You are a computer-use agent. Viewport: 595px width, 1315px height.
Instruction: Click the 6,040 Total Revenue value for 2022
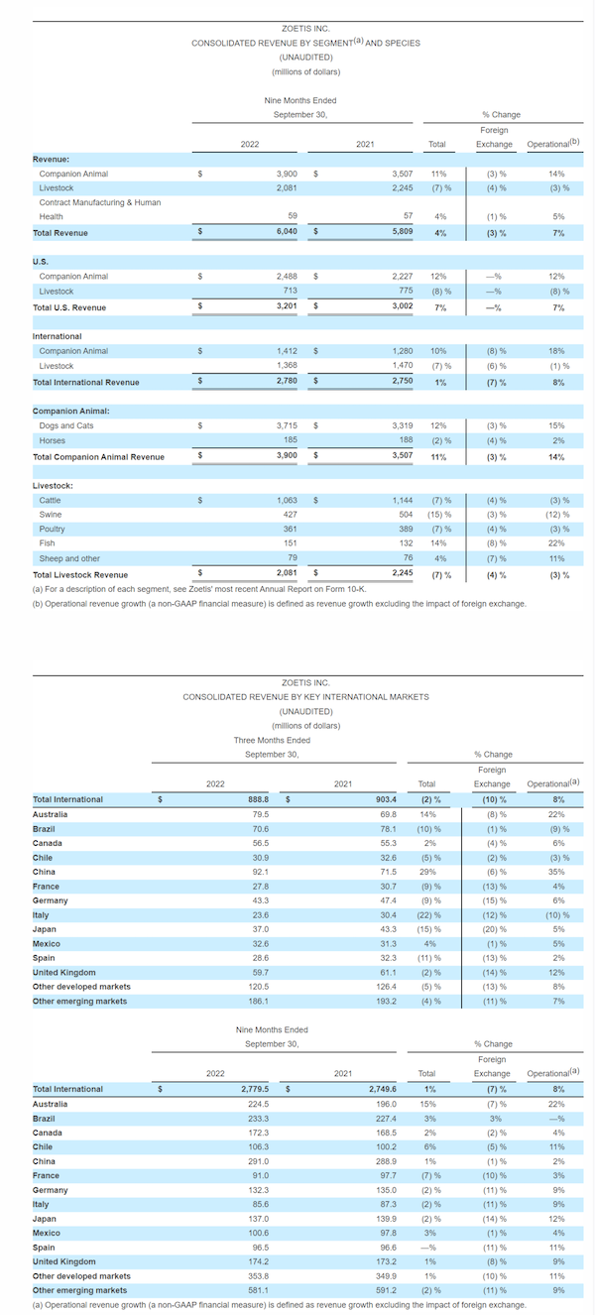(x=287, y=231)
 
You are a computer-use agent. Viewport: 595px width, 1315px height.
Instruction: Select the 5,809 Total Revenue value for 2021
(x=402, y=231)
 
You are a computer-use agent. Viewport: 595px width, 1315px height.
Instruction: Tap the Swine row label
(x=51, y=515)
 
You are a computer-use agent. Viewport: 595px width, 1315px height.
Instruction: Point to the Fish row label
(x=47, y=543)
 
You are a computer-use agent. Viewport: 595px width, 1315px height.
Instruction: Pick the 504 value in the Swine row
(x=406, y=515)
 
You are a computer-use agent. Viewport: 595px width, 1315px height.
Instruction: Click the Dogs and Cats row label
(x=66, y=425)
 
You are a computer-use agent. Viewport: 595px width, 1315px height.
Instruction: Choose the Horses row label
(x=53, y=440)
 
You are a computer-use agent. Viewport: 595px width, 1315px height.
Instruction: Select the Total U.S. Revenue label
(x=69, y=307)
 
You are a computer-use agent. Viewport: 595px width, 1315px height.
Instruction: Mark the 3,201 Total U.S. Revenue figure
(x=287, y=305)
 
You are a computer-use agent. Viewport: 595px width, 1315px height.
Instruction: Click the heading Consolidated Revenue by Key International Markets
(x=305, y=697)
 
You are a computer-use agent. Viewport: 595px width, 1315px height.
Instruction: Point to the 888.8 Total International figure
(x=258, y=799)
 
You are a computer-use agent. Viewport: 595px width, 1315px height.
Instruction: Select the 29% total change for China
(x=427, y=872)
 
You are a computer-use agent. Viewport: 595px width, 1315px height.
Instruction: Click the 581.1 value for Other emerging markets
(x=258, y=1290)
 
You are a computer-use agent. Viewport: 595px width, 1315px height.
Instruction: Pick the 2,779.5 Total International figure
(x=255, y=1089)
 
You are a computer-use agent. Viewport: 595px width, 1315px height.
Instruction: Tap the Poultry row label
(x=53, y=529)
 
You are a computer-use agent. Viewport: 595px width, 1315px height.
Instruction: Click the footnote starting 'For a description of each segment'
(x=199, y=589)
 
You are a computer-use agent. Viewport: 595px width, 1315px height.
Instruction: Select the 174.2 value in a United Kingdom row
(x=258, y=1261)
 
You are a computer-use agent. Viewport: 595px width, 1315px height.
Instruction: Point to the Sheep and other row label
(x=69, y=558)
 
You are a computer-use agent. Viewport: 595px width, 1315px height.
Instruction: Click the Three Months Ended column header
(x=272, y=740)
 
